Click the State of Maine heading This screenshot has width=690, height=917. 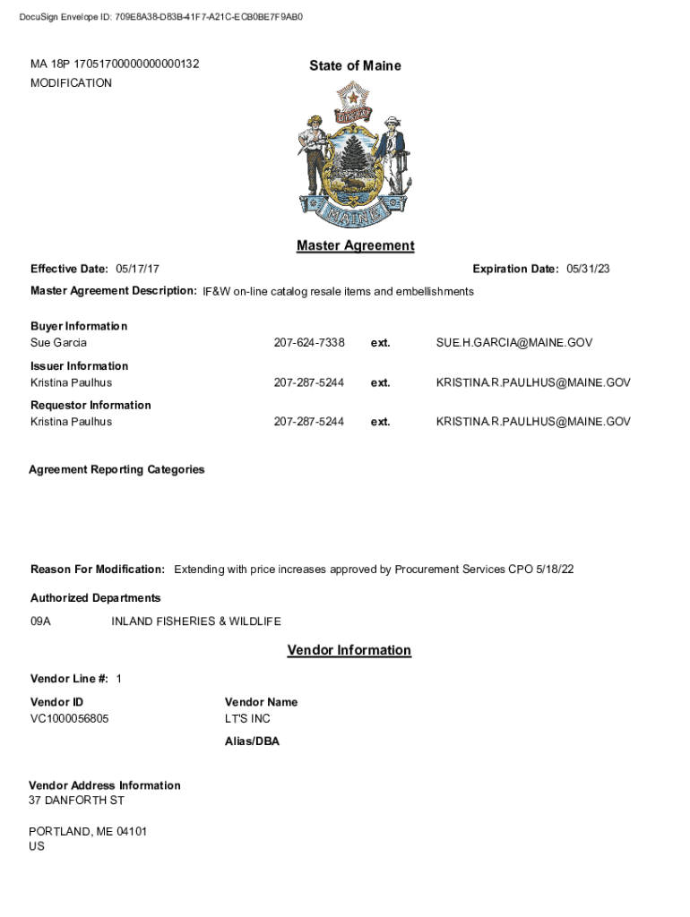coord(355,65)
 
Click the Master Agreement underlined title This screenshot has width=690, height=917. coord(355,245)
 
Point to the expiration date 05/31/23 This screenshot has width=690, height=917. coord(589,270)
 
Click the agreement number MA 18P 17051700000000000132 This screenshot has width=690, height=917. coord(115,64)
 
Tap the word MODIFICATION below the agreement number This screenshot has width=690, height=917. coord(72,83)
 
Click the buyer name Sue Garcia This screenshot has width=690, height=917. coord(59,343)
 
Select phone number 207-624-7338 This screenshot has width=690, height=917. coord(309,343)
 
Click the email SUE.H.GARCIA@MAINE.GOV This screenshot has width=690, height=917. coord(514,343)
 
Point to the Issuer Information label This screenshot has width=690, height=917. coord(80,365)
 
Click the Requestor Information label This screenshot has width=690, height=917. coord(91,405)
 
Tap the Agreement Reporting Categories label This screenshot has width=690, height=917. coord(116,469)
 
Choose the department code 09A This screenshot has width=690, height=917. coord(41,621)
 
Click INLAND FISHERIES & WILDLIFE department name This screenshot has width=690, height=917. coord(196,621)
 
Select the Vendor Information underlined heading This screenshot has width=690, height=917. coord(349,650)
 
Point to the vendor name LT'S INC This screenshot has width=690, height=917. coord(247,719)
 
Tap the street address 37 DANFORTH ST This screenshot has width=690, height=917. coord(76,800)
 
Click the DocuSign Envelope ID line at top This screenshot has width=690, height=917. coord(161,16)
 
